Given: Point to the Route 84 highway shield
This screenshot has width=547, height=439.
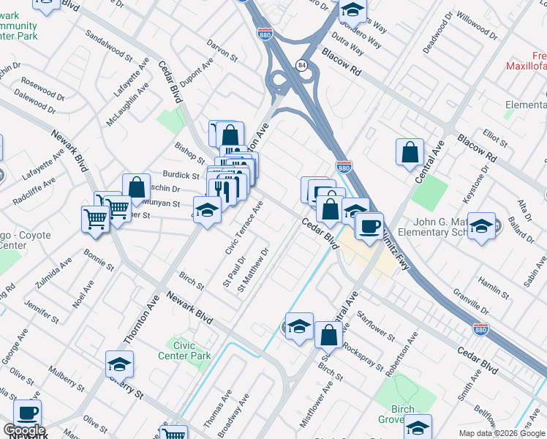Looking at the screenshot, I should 301,66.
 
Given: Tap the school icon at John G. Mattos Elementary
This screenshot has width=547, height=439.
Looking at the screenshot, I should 482,225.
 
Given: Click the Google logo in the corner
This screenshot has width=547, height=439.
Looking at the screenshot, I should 23,430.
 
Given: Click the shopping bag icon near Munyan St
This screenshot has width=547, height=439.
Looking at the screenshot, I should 136,187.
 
